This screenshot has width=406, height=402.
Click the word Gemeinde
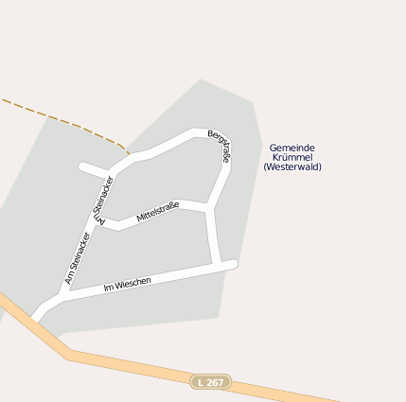(291, 148)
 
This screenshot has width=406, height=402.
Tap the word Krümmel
(291, 157)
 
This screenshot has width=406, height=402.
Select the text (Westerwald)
(291, 166)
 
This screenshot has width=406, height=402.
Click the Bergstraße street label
(219, 147)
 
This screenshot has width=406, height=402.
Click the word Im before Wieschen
(108, 287)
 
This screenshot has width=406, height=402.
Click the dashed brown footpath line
(66, 120)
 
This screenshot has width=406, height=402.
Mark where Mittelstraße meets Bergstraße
(208, 206)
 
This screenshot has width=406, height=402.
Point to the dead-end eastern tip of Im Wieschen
(233, 265)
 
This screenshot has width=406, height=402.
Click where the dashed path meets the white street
(129, 154)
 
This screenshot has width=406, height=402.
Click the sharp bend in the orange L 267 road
(69, 355)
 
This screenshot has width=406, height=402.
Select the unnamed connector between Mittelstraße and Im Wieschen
(214, 236)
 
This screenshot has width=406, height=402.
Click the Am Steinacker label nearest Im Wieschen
(78, 258)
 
